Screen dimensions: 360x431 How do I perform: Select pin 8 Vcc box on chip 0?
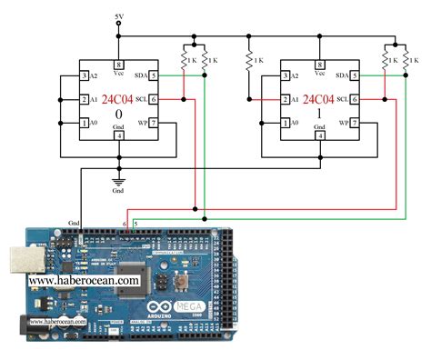[x=119, y=65]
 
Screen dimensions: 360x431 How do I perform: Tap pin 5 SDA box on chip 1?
[x=356, y=75]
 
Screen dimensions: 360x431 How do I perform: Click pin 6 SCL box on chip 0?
[x=155, y=99]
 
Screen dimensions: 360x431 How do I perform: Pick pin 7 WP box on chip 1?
[x=356, y=123]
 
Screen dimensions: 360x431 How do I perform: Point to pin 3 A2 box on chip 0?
[x=84, y=75]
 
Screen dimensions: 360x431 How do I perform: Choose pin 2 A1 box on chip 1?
[x=285, y=99]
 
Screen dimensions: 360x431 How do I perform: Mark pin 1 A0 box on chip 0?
[x=84, y=123]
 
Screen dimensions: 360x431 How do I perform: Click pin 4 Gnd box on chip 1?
[x=320, y=136]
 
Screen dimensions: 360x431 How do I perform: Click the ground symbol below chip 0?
[x=119, y=181]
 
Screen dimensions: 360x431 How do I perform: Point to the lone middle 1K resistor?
[x=248, y=60]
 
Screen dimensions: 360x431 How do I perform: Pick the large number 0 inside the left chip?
[x=119, y=115]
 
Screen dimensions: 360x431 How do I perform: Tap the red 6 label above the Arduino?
[x=125, y=223]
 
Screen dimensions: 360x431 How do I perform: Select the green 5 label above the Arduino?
[x=136, y=223]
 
